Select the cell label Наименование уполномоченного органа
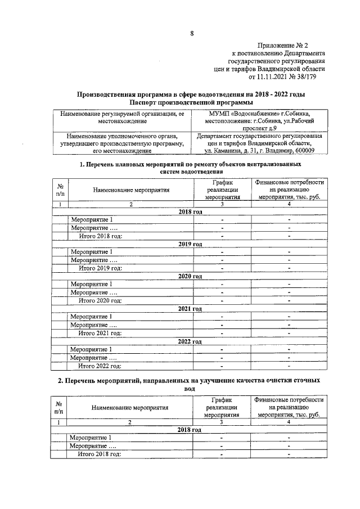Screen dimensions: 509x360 pos(122,136)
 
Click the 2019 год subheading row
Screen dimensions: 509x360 pos(190,244)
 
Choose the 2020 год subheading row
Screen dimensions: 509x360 pos(190,276)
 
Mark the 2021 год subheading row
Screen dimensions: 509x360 pos(190,309)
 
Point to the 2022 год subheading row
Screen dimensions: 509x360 pos(190,341)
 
